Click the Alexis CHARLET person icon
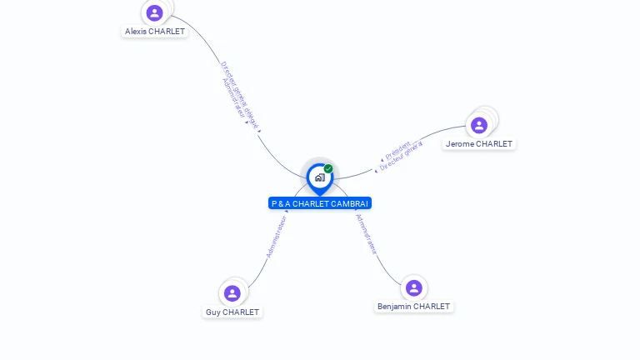point(154,12)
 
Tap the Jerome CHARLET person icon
point(478,125)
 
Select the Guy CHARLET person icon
point(232,293)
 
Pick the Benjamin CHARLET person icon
point(414,288)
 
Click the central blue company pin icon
point(319,177)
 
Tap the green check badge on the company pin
point(328,168)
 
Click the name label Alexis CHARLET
point(155,32)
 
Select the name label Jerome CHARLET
point(479,144)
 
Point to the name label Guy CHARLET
point(232,312)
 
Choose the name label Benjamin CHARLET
point(413,307)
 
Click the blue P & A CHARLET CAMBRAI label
point(320,203)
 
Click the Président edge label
point(397,150)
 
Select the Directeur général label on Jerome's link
point(402,157)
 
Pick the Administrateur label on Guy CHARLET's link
point(277,237)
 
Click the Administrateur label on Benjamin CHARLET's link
point(367,233)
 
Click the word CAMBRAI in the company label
point(350,203)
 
